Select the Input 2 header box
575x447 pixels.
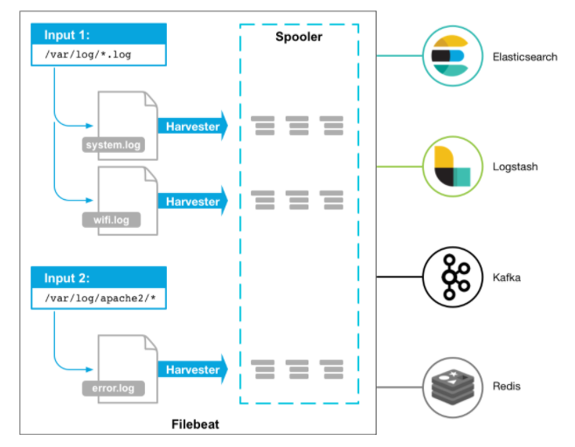[x=100, y=279]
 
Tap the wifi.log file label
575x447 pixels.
[x=109, y=220]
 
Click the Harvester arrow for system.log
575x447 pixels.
[x=192, y=127]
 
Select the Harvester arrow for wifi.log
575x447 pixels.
[x=192, y=202]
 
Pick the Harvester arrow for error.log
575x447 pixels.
[x=192, y=369]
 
